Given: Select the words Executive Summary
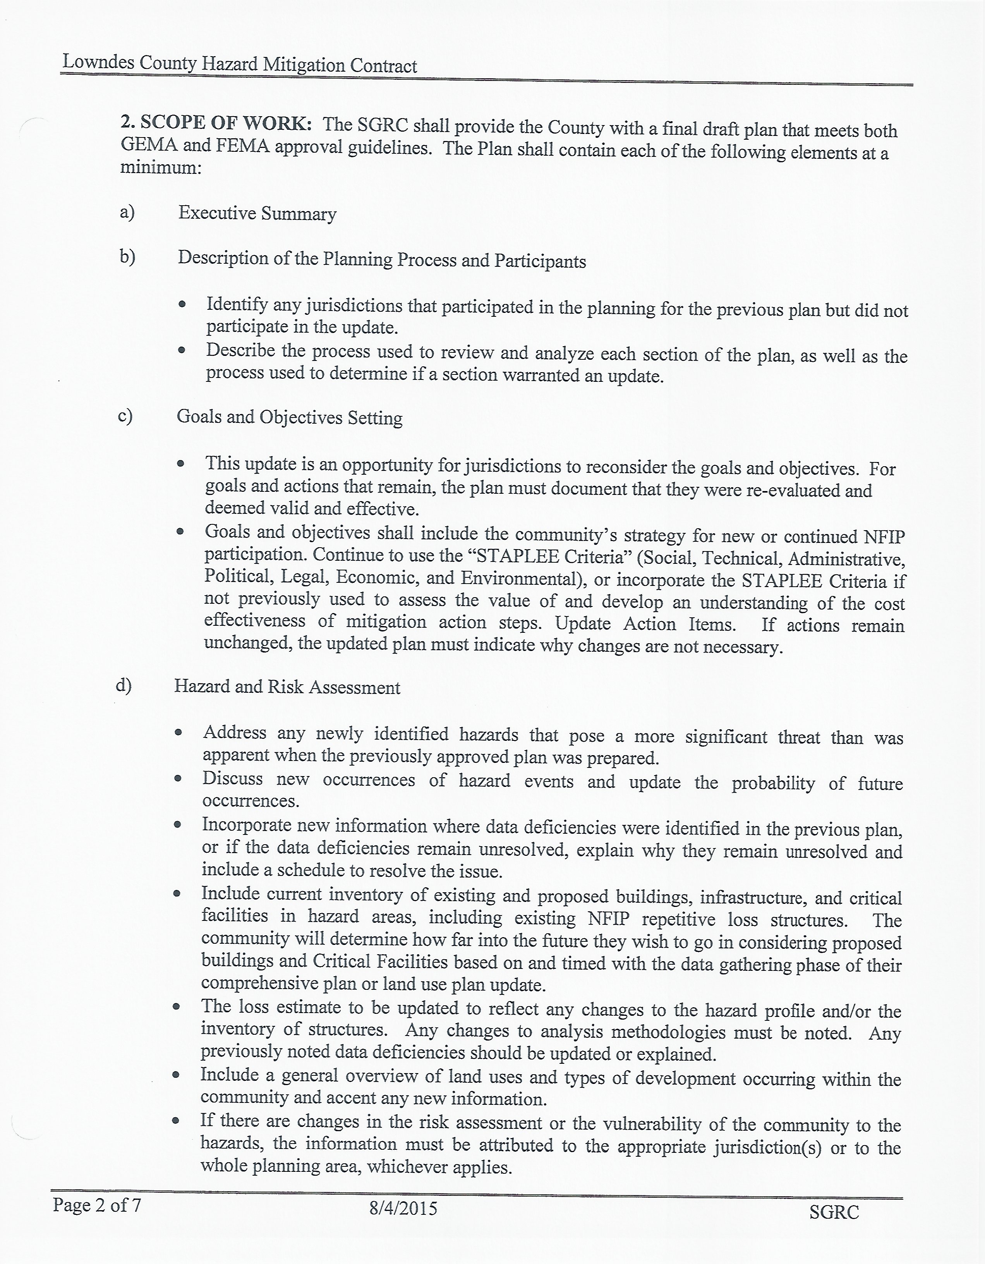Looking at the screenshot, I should [x=257, y=213].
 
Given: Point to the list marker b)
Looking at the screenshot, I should [x=127, y=256].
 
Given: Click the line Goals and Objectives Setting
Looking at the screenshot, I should [x=289, y=417].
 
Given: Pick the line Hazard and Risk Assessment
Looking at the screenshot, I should [x=287, y=687].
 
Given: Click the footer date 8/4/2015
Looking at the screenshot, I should [x=403, y=1209].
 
